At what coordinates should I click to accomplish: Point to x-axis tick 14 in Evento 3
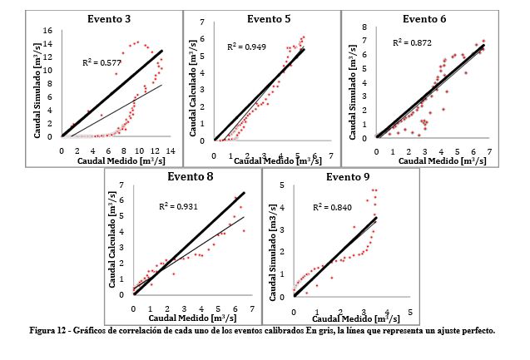pyautogui.click(x=171, y=150)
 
